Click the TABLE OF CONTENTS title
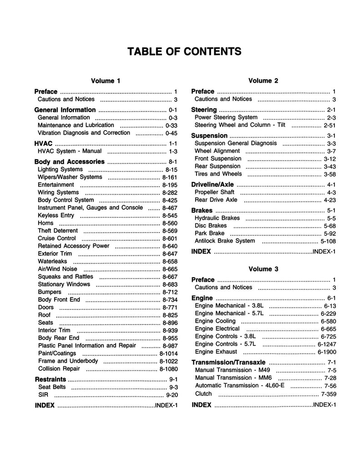[x=184, y=51]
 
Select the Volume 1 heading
[x=106, y=81]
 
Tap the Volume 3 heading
[x=263, y=269]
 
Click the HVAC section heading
[x=43, y=143]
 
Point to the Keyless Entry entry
[x=56, y=215]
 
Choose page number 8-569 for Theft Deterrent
[x=169, y=231]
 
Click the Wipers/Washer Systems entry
[x=70, y=177]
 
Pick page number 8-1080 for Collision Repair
[x=168, y=369]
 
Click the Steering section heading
[x=204, y=110]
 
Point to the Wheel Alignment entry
[x=217, y=151]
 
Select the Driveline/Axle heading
[x=213, y=184]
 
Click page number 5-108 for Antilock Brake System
[x=328, y=241]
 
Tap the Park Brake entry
[x=209, y=233]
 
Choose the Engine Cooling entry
[x=215, y=321]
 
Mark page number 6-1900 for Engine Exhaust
[x=327, y=352]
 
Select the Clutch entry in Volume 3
[x=203, y=394]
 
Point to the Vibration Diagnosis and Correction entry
[x=84, y=133]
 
